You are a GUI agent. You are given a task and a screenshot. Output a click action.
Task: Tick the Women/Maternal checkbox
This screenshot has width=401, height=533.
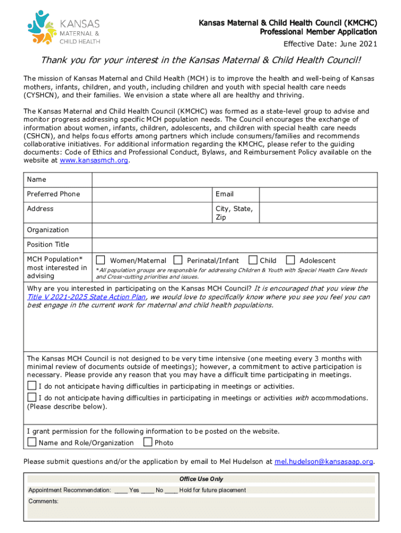click(x=101, y=260)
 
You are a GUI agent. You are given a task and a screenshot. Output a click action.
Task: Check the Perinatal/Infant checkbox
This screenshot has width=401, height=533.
click(x=178, y=260)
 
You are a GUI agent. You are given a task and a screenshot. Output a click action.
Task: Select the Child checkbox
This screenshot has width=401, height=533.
click(x=253, y=260)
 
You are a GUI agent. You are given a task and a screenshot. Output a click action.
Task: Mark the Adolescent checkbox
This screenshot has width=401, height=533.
click(x=291, y=260)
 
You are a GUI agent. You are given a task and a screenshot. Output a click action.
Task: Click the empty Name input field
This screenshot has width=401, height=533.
click(x=234, y=180)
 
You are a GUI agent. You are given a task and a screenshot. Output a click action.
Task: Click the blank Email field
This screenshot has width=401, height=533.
click(x=318, y=194)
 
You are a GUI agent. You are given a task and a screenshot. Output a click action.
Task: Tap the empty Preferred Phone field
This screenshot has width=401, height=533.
click(x=152, y=194)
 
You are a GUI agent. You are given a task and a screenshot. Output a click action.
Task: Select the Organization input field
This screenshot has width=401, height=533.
click(x=234, y=230)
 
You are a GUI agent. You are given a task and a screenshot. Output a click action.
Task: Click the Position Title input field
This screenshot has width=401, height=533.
click(x=234, y=245)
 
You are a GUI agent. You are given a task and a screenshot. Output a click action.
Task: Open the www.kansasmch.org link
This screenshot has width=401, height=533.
click(x=94, y=161)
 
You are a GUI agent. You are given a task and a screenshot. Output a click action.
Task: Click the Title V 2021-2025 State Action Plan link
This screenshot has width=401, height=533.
click(x=86, y=297)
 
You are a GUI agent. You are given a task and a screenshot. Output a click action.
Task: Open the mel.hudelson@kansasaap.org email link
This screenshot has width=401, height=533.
click(x=324, y=462)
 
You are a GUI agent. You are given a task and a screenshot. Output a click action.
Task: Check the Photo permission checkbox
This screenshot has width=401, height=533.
click(x=148, y=442)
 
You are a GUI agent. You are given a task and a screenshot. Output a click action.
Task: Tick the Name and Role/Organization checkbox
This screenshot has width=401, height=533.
click(x=32, y=442)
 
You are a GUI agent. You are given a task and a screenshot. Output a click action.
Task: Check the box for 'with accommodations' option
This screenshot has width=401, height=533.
click(x=32, y=398)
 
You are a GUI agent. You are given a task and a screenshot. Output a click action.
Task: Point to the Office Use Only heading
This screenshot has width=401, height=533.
click(x=201, y=479)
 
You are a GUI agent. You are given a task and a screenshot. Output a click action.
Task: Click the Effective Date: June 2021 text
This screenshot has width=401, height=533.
click(x=330, y=43)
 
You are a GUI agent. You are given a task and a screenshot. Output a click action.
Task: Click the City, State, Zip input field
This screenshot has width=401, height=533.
click(x=318, y=212)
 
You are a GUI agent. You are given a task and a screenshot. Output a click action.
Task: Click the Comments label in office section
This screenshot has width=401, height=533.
click(x=43, y=501)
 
